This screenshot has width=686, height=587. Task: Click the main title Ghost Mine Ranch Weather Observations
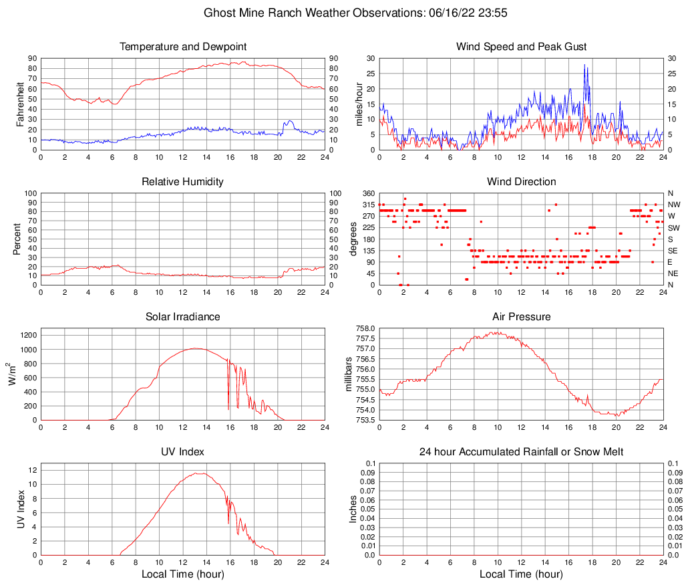(343, 13)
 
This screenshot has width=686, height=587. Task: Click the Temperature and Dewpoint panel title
(182, 47)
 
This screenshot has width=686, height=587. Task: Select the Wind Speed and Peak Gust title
(521, 47)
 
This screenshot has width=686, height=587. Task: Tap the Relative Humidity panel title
(182, 182)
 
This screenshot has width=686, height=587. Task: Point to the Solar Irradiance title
(182, 317)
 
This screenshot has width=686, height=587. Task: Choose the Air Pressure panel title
(521, 317)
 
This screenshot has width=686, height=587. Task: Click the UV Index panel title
(182, 452)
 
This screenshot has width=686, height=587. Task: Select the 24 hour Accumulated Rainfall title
(521, 452)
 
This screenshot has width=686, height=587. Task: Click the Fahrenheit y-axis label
(20, 104)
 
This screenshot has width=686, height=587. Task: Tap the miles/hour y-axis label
(359, 104)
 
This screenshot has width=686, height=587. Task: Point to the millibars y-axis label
(348, 374)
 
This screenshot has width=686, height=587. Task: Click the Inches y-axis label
(353, 509)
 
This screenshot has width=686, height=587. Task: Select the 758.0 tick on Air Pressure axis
(365, 329)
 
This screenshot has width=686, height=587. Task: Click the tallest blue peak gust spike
(584, 65)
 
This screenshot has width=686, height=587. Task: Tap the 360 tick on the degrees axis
(369, 193)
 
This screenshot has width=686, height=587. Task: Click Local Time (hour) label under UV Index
(182, 574)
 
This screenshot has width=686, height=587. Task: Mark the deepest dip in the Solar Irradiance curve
(228, 409)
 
